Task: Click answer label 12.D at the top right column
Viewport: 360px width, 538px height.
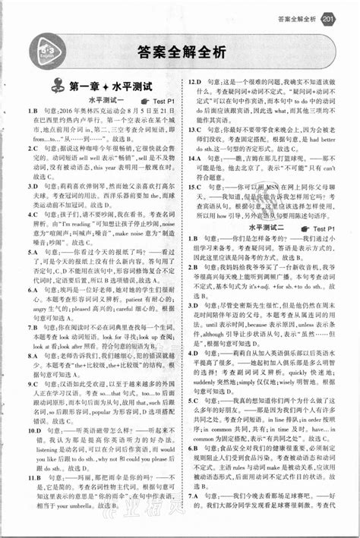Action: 194,81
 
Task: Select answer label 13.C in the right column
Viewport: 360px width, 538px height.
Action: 194,129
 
